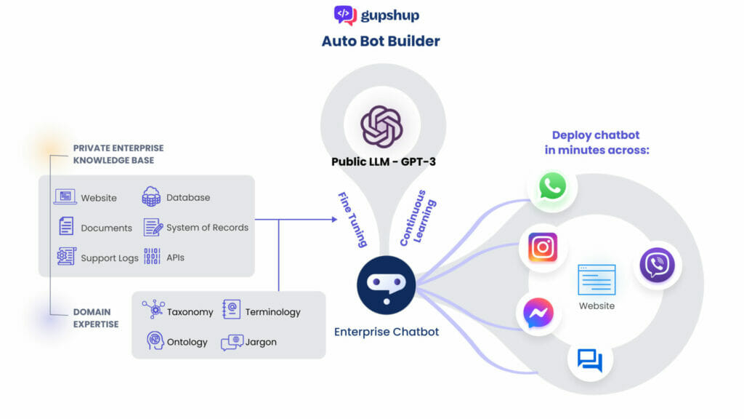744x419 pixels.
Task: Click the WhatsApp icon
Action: click(x=553, y=186)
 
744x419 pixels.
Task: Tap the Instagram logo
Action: click(x=543, y=247)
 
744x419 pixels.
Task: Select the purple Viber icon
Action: click(x=657, y=265)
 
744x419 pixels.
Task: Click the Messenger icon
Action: click(x=538, y=314)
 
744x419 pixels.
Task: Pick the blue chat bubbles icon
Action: click(x=589, y=360)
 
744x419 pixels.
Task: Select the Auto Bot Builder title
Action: click(x=381, y=41)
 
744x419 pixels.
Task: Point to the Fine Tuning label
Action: click(x=352, y=219)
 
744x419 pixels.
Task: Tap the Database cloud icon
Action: click(x=151, y=196)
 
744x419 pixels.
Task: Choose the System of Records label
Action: click(x=207, y=228)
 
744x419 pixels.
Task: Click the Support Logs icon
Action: click(x=66, y=257)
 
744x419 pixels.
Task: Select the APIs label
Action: click(x=175, y=258)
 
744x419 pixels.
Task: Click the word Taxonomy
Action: click(x=190, y=312)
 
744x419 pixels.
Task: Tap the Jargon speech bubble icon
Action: click(x=232, y=342)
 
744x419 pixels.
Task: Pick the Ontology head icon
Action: click(x=155, y=341)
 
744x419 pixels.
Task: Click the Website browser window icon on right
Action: click(x=597, y=280)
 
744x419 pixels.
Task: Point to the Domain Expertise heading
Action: click(x=95, y=318)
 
